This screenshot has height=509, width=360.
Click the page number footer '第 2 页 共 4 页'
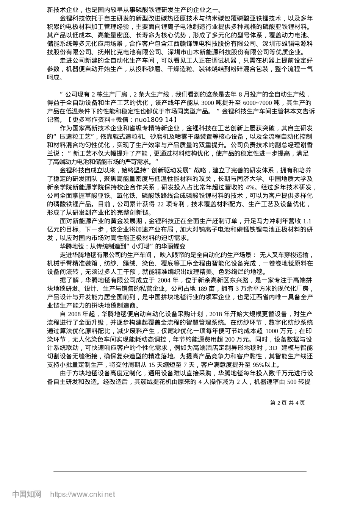[287, 403]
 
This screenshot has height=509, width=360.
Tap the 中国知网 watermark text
[27, 494]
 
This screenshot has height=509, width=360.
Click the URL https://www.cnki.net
[83, 494]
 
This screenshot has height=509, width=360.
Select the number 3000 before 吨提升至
[208, 103]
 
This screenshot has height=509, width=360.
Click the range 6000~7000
[254, 103]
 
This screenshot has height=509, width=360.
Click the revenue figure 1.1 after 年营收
[307, 221]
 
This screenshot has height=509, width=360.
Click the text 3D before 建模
[273, 348]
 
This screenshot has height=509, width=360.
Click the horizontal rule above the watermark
[180, 472]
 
